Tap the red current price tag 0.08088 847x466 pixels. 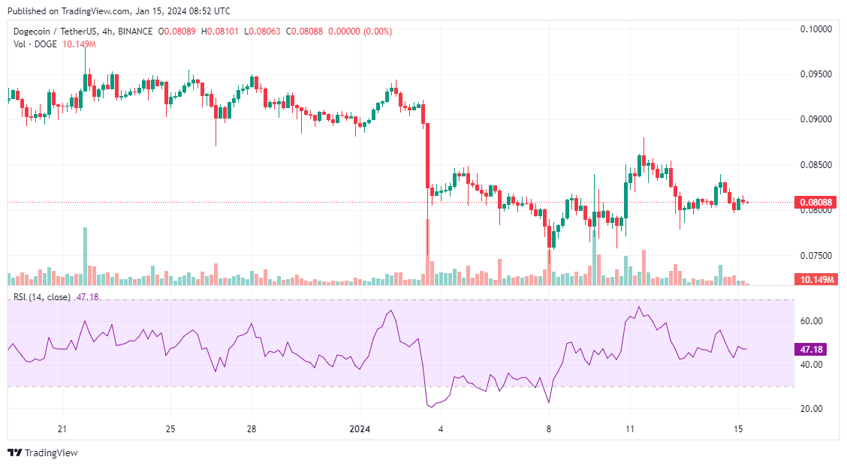tap(815, 202)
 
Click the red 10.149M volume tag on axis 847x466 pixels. tap(815, 279)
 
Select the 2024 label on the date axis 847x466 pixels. tap(360, 429)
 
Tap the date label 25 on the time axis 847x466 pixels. tap(170, 429)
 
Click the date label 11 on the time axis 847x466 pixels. tap(631, 429)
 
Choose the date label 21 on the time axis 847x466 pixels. tap(63, 429)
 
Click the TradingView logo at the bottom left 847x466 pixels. tap(43, 452)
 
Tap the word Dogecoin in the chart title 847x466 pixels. tap(34, 31)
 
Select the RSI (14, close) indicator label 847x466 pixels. tap(41, 297)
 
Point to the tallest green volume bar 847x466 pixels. tap(85, 255)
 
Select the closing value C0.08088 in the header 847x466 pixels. tap(307, 31)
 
